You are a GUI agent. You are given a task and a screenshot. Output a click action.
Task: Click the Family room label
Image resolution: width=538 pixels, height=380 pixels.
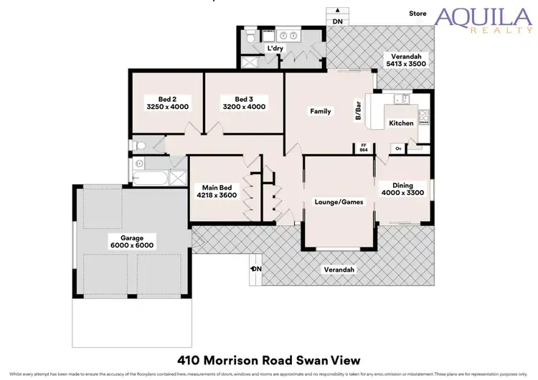pyautogui.click(x=320, y=111)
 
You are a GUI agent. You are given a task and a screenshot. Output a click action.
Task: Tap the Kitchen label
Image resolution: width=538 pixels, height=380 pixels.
pyautogui.click(x=401, y=123)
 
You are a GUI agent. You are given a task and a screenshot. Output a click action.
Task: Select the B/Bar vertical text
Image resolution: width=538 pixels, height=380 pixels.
pyautogui.click(x=358, y=111)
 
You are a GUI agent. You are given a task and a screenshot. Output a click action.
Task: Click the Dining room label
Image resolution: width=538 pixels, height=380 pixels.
pyautogui.click(x=402, y=184)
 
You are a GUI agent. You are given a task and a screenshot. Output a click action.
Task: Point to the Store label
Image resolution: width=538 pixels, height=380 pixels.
pyautogui.click(x=417, y=14)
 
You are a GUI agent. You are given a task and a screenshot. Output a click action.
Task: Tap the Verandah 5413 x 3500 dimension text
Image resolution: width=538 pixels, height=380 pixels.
pyautogui.click(x=406, y=63)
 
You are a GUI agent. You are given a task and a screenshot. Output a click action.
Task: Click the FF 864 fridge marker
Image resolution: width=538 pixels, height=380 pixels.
pyautogui.click(x=364, y=148)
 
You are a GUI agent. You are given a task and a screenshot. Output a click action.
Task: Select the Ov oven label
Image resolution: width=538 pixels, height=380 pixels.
pyautogui.click(x=398, y=148)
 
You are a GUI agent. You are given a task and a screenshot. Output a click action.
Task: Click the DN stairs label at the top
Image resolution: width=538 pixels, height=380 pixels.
pyautogui.click(x=337, y=22)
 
